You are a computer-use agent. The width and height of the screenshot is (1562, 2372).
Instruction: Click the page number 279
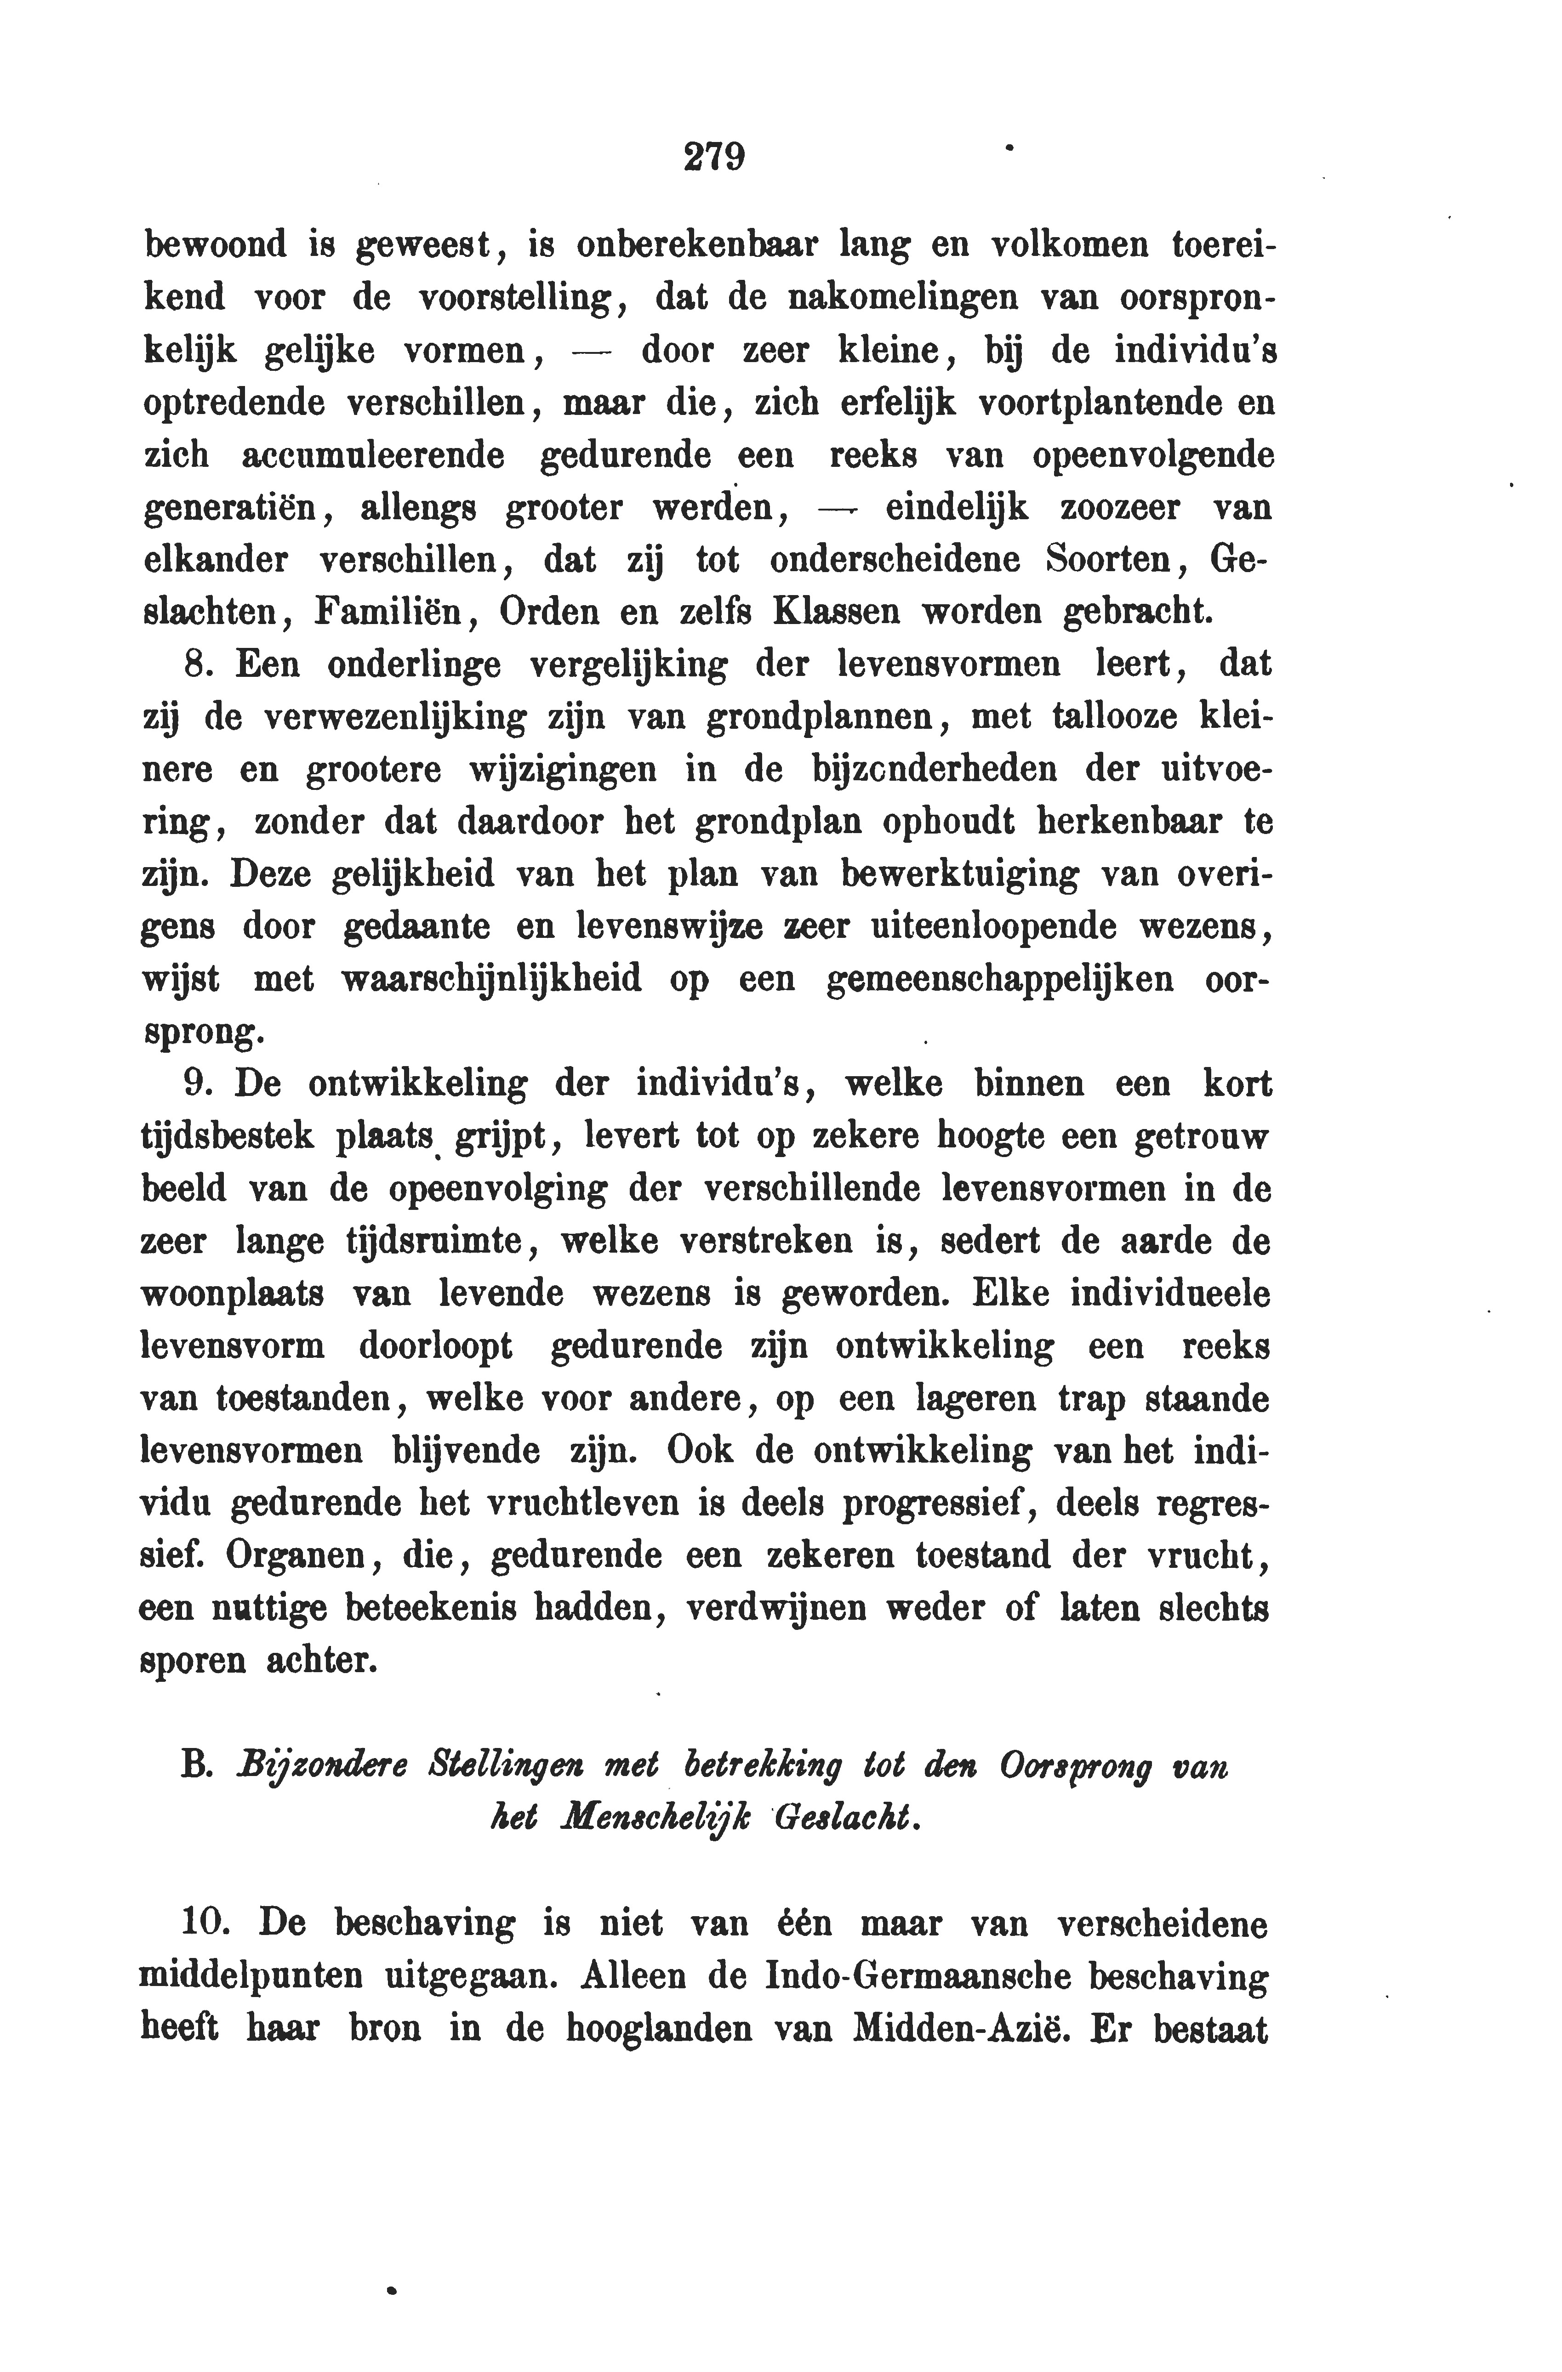(715, 158)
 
